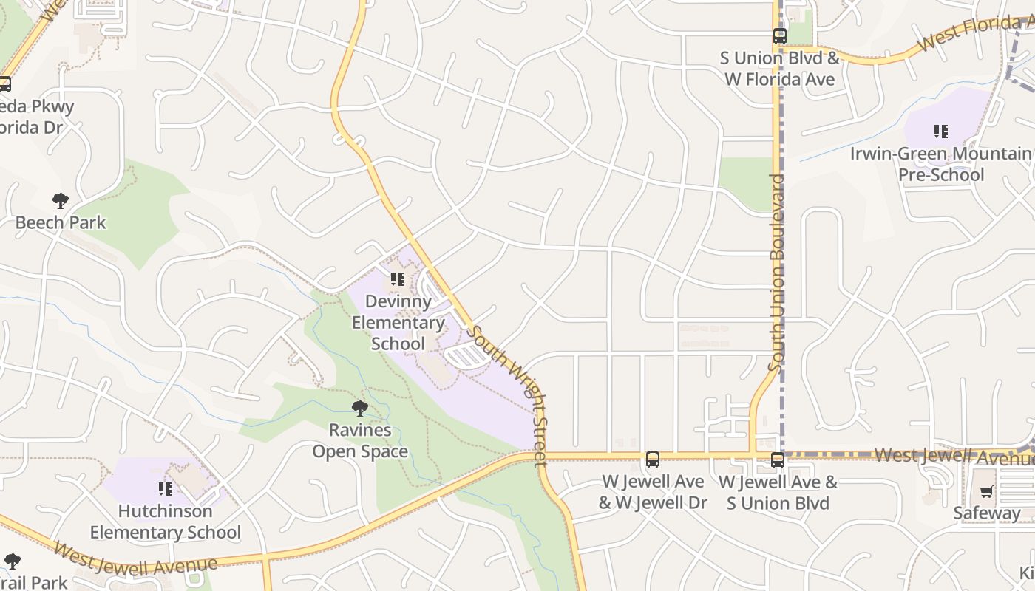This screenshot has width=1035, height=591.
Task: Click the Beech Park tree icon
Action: [61, 200]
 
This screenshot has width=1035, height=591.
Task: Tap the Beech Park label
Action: [61, 222]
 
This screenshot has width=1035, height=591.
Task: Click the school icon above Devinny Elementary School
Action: [398, 279]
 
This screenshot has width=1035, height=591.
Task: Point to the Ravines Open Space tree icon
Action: [360, 408]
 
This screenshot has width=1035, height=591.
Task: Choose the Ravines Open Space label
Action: [360, 441]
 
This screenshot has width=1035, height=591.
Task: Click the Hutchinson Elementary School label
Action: [166, 522]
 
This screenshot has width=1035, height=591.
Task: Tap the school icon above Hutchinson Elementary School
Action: [166, 488]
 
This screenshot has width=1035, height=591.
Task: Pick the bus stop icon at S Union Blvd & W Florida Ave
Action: [780, 35]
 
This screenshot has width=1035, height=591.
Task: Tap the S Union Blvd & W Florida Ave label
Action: [780, 69]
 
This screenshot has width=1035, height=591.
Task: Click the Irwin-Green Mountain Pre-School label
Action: [941, 164]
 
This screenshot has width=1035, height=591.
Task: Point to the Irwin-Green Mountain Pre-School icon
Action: [941, 131]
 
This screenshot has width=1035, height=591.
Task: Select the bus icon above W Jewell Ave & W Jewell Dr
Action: [653, 460]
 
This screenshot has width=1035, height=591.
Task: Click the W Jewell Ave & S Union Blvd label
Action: [778, 493]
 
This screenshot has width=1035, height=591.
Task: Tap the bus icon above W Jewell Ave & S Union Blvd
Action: [778, 460]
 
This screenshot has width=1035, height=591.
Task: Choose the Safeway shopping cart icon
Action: [987, 491]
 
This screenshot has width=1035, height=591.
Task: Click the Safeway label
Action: [987, 513]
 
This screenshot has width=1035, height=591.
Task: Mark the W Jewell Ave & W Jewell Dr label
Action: [653, 493]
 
